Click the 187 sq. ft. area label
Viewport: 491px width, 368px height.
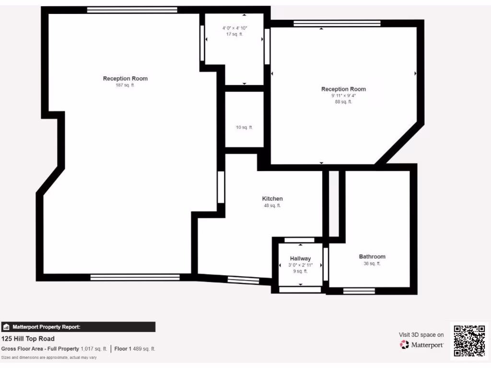click(125, 85)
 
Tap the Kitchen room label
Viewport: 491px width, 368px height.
click(272, 198)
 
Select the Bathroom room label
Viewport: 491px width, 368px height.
click(372, 257)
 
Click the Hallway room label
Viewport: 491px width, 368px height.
click(300, 259)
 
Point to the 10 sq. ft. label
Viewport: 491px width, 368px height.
click(244, 127)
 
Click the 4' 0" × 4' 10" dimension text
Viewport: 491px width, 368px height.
click(234, 28)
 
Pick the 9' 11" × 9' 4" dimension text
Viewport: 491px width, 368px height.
click(343, 95)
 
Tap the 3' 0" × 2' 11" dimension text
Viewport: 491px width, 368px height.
click(300, 265)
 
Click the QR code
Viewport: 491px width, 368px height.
click(469, 340)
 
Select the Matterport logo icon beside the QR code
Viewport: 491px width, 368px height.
click(405, 345)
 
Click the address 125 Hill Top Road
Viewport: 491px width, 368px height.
click(28, 339)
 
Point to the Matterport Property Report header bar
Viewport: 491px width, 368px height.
click(78, 327)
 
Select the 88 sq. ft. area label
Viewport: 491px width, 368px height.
click(343, 102)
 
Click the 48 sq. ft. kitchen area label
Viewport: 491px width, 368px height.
click(272, 206)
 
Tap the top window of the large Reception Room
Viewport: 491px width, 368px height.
click(132, 10)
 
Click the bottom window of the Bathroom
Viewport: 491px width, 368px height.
click(359, 290)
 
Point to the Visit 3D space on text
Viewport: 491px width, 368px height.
click(421, 335)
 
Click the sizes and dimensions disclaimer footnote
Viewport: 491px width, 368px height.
click(49, 357)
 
